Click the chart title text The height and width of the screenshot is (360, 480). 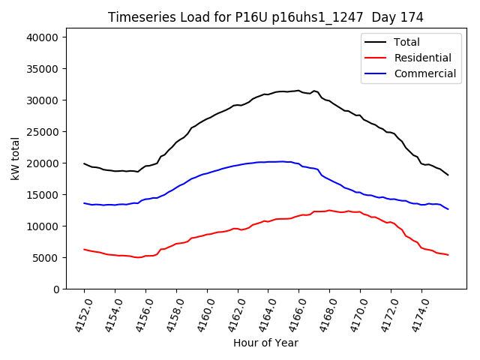[x=265, y=17]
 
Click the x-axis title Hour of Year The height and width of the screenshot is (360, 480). [x=265, y=343]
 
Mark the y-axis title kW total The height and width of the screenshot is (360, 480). [x=15, y=159]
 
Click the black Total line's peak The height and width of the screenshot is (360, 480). [x=298, y=91]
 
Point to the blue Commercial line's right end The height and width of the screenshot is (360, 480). [x=448, y=209]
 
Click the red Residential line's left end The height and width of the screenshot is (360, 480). [x=84, y=249]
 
